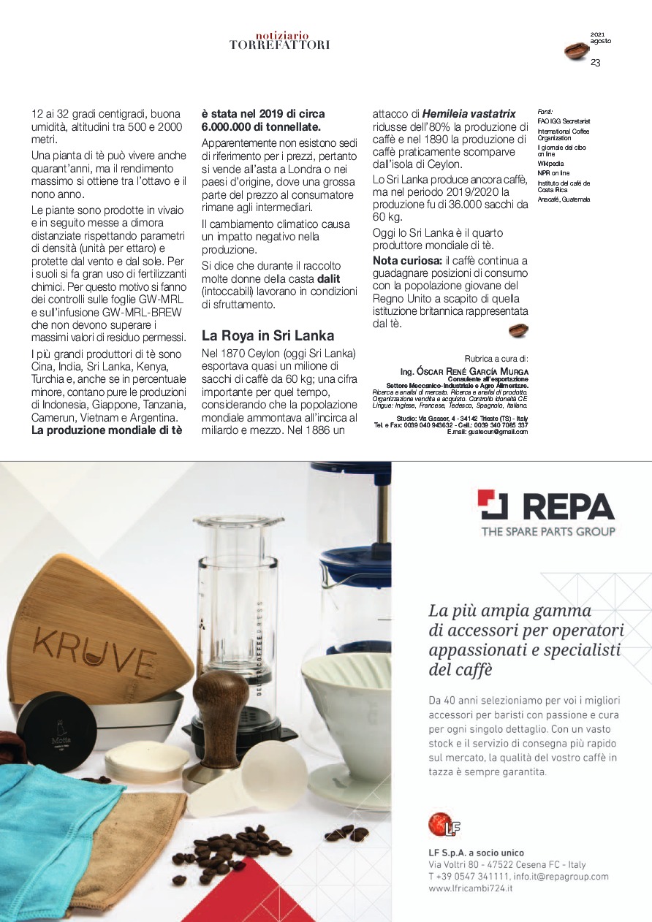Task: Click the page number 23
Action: click(x=595, y=63)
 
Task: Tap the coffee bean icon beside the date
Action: click(x=577, y=51)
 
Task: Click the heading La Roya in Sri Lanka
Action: click(x=268, y=336)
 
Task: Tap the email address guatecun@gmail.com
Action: click(x=499, y=432)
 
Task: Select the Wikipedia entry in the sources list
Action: click(x=550, y=164)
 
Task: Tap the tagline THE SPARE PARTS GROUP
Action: click(x=547, y=531)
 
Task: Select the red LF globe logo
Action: click(x=440, y=825)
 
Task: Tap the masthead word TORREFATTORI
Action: click(x=279, y=45)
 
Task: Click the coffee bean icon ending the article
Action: click(x=518, y=330)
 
